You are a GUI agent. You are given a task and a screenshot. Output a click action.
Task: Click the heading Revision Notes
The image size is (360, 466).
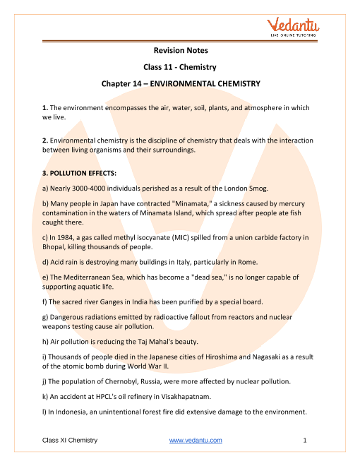180,51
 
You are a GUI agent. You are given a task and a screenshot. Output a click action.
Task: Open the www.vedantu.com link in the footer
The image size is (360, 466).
196,441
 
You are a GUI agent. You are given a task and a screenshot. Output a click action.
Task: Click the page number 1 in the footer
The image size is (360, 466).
304,441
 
